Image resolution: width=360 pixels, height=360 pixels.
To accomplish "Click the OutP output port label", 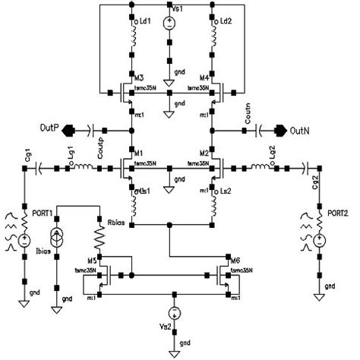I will pyautogui.click(x=50, y=128).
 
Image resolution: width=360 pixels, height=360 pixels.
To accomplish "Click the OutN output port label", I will pyautogui.click(x=299, y=129).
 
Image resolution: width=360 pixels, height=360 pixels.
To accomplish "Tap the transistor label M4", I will pyautogui.click(x=204, y=77).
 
